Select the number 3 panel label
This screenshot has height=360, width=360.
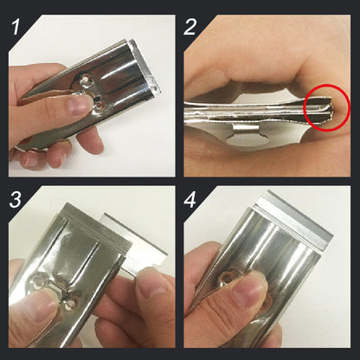tap(16, 198)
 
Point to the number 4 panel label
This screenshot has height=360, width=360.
tap(190, 198)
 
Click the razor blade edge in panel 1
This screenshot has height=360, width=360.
tap(144, 65)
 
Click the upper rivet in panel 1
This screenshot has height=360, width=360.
tap(85, 80)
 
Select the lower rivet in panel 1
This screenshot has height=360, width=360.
tap(100, 104)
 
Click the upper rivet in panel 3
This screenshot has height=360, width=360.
tap(38, 281)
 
